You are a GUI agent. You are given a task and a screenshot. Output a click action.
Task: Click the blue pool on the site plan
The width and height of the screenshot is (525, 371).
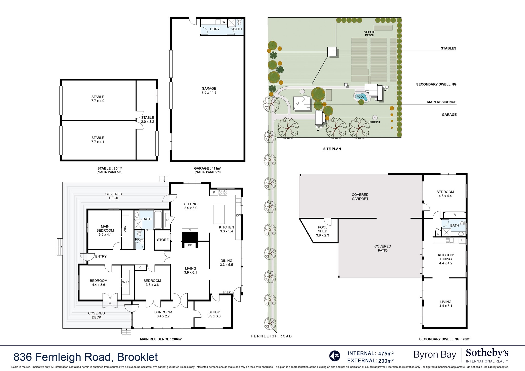click(x=361, y=97)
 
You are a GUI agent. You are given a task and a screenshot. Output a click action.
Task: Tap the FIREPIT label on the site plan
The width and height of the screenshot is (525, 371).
click(x=375, y=122)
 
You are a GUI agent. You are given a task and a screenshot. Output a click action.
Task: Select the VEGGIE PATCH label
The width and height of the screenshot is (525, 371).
click(x=369, y=34)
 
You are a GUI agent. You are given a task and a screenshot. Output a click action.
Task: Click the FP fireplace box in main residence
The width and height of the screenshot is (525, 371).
click(x=190, y=245)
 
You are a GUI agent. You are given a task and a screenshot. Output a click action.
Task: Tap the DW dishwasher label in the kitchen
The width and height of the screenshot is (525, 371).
click(x=238, y=215)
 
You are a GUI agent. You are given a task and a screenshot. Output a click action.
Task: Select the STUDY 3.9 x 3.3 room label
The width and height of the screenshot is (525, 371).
click(x=214, y=314)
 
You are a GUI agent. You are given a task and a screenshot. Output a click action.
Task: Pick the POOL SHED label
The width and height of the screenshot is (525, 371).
click(x=322, y=229)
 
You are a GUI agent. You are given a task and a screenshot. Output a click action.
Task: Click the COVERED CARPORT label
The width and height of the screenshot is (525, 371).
click(x=360, y=197)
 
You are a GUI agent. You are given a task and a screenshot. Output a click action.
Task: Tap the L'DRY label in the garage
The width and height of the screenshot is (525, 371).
click(x=215, y=29)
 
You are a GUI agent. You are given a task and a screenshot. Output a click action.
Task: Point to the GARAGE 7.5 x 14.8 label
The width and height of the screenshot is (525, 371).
click(x=209, y=90)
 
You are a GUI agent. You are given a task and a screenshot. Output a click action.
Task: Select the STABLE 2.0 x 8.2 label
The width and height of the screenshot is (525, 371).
click(x=148, y=120)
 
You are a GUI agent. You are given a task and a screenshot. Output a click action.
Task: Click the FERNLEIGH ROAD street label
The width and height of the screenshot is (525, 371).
click(x=271, y=336)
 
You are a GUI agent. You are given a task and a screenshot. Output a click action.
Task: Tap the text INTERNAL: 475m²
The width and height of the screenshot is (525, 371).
click(x=370, y=353)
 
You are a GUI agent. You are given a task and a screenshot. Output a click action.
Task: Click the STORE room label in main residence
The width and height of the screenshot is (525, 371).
click(x=163, y=240)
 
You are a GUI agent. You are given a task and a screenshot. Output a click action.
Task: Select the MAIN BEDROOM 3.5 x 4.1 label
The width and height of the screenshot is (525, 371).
click(x=105, y=230)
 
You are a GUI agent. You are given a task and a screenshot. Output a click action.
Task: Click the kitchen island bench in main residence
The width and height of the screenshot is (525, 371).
click(x=219, y=214)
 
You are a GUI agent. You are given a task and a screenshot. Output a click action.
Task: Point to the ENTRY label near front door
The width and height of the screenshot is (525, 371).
click(x=101, y=256)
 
